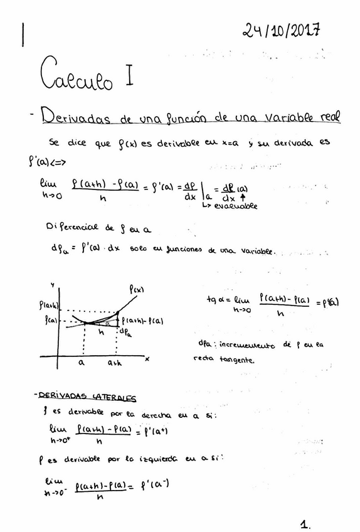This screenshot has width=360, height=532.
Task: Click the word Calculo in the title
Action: coord(77,77)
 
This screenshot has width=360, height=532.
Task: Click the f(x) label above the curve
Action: coord(137,289)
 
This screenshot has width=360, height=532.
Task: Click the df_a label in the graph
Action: coord(125,331)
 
